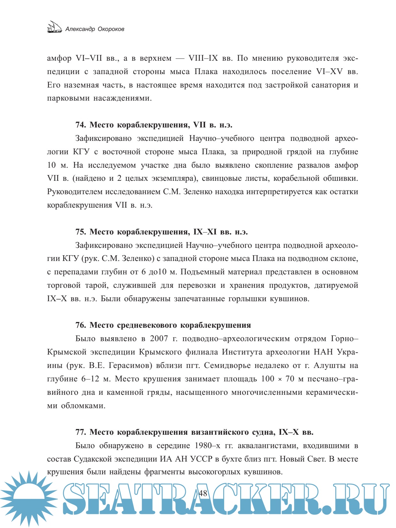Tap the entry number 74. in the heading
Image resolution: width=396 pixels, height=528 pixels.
click(x=81, y=125)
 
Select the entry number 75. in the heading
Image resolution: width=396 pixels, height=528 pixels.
click(x=81, y=232)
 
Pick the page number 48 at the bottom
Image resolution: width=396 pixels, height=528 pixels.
click(x=203, y=493)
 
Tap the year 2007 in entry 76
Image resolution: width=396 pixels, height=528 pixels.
click(x=159, y=339)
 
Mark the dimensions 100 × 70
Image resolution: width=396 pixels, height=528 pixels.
click(x=278, y=379)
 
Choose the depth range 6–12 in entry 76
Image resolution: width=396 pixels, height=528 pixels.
click(x=90, y=379)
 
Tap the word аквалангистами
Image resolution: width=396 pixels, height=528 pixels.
click(x=268, y=446)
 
